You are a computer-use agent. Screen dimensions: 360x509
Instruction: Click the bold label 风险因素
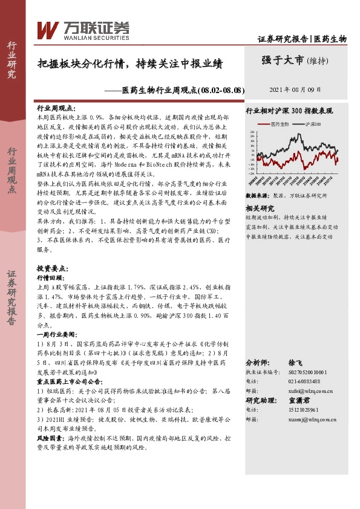tap(50, 436)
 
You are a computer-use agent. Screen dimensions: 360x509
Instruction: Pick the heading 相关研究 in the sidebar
tap(259, 207)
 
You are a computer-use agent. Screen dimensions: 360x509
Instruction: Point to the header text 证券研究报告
tap(283, 39)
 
